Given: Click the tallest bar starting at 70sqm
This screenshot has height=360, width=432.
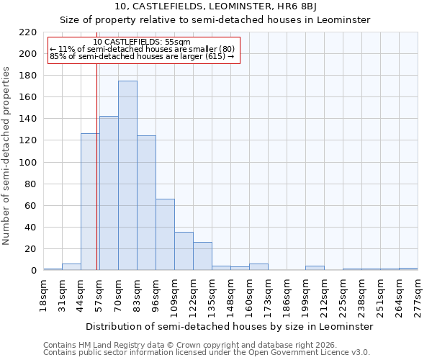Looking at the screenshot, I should pyautogui.click(x=127, y=176).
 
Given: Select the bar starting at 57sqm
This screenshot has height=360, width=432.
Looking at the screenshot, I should pyautogui.click(x=109, y=193).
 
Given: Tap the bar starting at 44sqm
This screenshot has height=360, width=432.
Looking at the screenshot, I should pyautogui.click(x=89, y=202).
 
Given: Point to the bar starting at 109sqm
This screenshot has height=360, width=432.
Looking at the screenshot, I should pyautogui.click(x=184, y=251).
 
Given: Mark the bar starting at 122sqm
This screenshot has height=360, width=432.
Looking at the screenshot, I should pyautogui.click(x=202, y=256).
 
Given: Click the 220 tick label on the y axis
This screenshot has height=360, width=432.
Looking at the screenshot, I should pyautogui.click(x=28, y=32).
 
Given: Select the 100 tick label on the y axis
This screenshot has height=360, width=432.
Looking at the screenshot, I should pyautogui.click(x=28, y=163).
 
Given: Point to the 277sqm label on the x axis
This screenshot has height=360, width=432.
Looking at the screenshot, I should pyautogui.click(x=418, y=296).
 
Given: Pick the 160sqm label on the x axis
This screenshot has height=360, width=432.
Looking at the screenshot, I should pyautogui.click(x=249, y=296).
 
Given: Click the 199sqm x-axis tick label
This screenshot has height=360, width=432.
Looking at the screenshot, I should pyautogui.click(x=305, y=296).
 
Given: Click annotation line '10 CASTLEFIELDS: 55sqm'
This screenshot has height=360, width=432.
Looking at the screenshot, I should pyautogui.click(x=142, y=42).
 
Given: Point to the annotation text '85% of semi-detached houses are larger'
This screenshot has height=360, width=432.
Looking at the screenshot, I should pyautogui.click(x=142, y=56).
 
